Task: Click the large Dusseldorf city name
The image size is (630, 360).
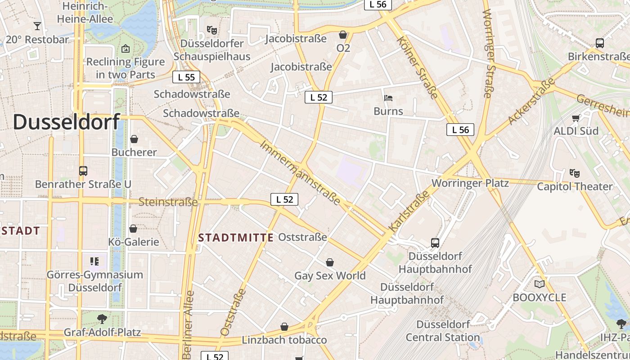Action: click(67, 121)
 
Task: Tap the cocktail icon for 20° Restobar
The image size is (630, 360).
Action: click(37, 26)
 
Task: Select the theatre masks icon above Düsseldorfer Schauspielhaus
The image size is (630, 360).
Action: click(212, 30)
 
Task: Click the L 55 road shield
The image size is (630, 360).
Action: click(186, 77)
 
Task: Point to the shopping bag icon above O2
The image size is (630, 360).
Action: click(343, 35)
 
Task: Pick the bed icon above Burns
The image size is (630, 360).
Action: click(388, 98)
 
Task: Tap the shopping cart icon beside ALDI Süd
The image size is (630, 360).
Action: click(576, 118)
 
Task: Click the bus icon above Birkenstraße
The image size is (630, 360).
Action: click(599, 43)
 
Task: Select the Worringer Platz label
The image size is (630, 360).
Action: click(470, 183)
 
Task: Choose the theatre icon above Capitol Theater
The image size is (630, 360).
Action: click(574, 173)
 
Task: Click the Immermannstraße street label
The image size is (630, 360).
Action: click(300, 173)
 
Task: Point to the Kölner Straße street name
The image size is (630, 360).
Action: click(417, 67)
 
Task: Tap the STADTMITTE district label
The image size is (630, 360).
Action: click(236, 238)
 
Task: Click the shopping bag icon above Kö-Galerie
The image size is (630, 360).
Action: click(133, 229)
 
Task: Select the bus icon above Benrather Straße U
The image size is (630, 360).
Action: click(83, 171)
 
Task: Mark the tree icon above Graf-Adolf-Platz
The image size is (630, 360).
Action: click(102, 319)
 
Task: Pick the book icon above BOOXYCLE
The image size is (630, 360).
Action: click(539, 284)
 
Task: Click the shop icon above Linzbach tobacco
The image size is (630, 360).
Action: click(284, 326)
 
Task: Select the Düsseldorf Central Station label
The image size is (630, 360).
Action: click(443, 331)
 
